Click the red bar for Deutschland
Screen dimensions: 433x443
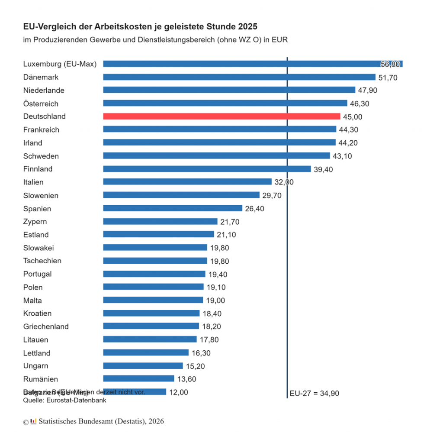point(221,116)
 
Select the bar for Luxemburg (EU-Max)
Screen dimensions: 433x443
point(253,64)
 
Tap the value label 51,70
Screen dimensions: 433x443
point(388,78)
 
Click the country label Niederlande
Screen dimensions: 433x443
point(44,90)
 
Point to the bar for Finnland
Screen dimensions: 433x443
point(207,169)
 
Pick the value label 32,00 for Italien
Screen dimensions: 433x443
point(284,182)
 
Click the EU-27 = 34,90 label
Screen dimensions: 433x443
point(314,394)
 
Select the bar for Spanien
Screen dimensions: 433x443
point(173,208)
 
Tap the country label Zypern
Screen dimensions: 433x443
point(35,222)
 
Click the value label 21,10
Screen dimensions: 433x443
point(226,235)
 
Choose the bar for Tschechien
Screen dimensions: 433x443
point(155,261)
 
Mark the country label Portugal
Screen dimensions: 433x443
point(37,274)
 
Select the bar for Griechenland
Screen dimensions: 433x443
point(151,326)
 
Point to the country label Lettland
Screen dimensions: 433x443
point(37,353)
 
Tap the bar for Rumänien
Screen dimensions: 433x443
point(138,379)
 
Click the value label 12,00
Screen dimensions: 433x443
point(178,392)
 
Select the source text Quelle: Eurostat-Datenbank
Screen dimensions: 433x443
point(64,400)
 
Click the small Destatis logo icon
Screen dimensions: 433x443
point(33,421)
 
